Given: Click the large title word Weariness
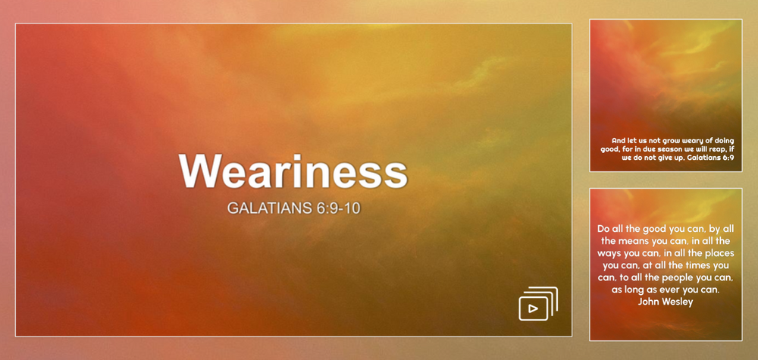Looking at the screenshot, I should pos(293,172).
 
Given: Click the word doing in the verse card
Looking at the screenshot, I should pos(723,140).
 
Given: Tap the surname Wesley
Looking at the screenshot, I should pos(678,302).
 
